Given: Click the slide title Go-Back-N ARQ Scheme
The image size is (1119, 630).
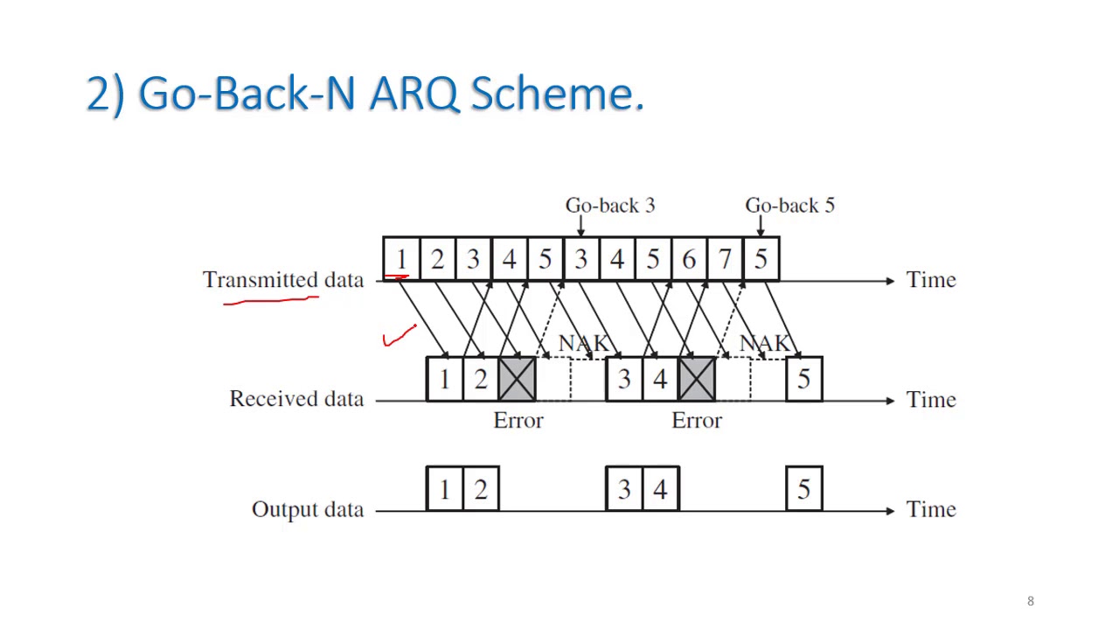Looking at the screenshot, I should tap(365, 93).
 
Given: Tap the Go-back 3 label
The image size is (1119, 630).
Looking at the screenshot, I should tap(609, 206).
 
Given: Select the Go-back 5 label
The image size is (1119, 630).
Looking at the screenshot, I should tap(789, 206).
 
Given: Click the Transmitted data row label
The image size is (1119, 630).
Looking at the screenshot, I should tap(282, 280).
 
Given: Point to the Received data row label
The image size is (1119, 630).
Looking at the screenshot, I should tap(295, 399).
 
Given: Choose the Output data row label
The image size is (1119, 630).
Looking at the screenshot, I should tap(307, 510).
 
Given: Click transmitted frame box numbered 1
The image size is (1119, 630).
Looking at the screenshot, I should tap(401, 259).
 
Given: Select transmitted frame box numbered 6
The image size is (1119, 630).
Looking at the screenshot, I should tap(689, 259).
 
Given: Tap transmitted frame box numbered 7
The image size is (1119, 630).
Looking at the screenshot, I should tap(725, 259).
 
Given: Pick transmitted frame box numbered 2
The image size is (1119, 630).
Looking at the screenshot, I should tap(437, 259).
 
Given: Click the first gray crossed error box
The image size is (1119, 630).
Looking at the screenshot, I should tap(517, 379).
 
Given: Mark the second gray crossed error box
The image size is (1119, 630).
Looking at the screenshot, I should tap(696, 379).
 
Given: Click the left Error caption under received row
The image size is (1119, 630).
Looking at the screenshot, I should tap(518, 421).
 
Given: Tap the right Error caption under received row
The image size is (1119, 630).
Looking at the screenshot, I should tap(696, 421).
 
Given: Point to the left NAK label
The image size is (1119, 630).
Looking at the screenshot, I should tap(582, 343).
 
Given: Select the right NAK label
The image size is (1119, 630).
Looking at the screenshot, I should tap(764, 343).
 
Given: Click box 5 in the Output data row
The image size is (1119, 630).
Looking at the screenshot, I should tap(803, 488).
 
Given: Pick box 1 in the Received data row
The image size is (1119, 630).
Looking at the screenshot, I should tap(444, 379).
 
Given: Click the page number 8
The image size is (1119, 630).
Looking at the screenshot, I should tap(1030, 601).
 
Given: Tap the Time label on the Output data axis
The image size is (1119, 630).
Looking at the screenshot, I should tap(930, 510).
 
